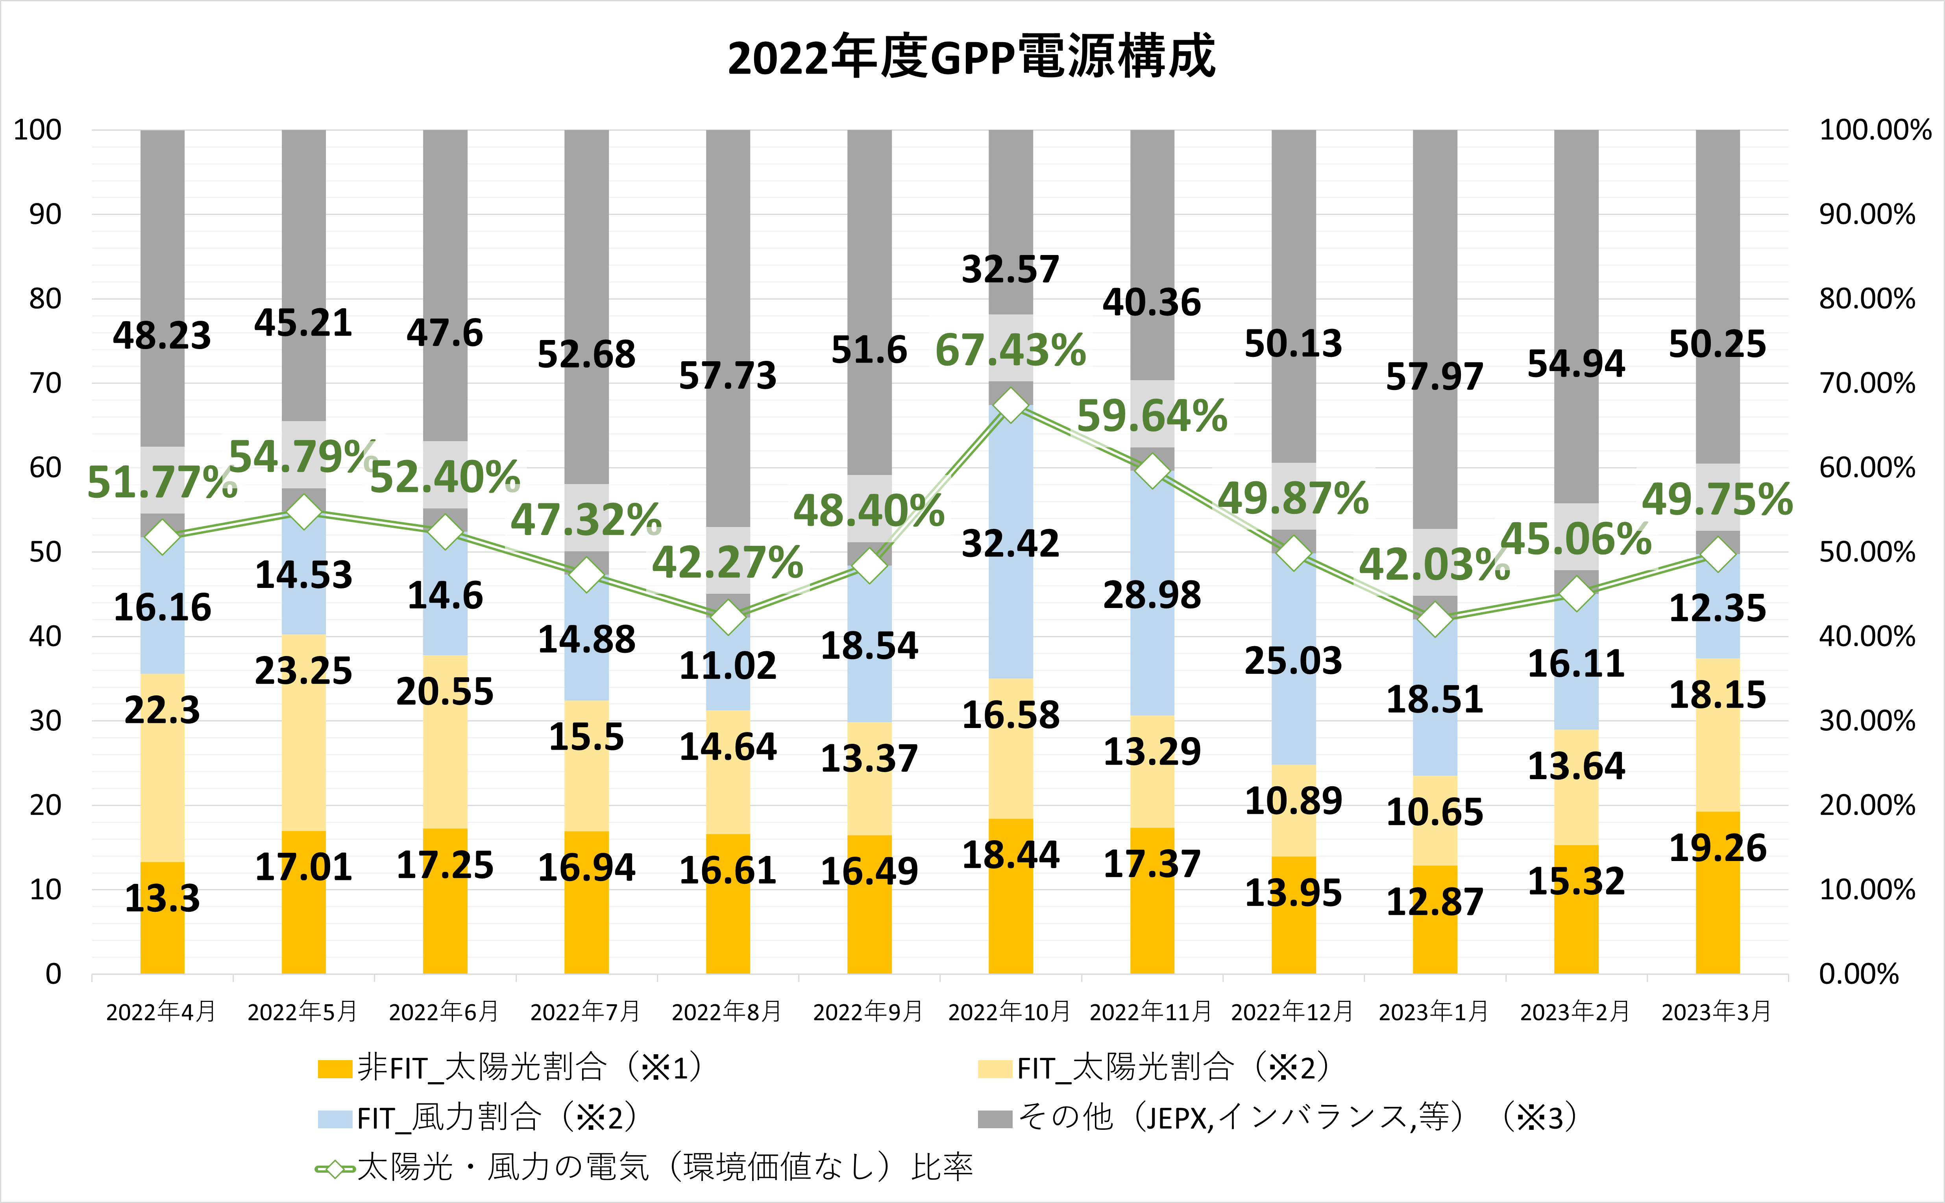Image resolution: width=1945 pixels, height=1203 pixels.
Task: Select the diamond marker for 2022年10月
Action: pos(1010,405)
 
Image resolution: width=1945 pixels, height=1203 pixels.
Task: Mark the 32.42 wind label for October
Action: pos(1010,544)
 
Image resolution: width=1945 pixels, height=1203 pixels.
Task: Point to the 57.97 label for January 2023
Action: pos(1434,377)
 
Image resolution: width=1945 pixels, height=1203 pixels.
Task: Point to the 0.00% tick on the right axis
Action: pos(1859,974)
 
